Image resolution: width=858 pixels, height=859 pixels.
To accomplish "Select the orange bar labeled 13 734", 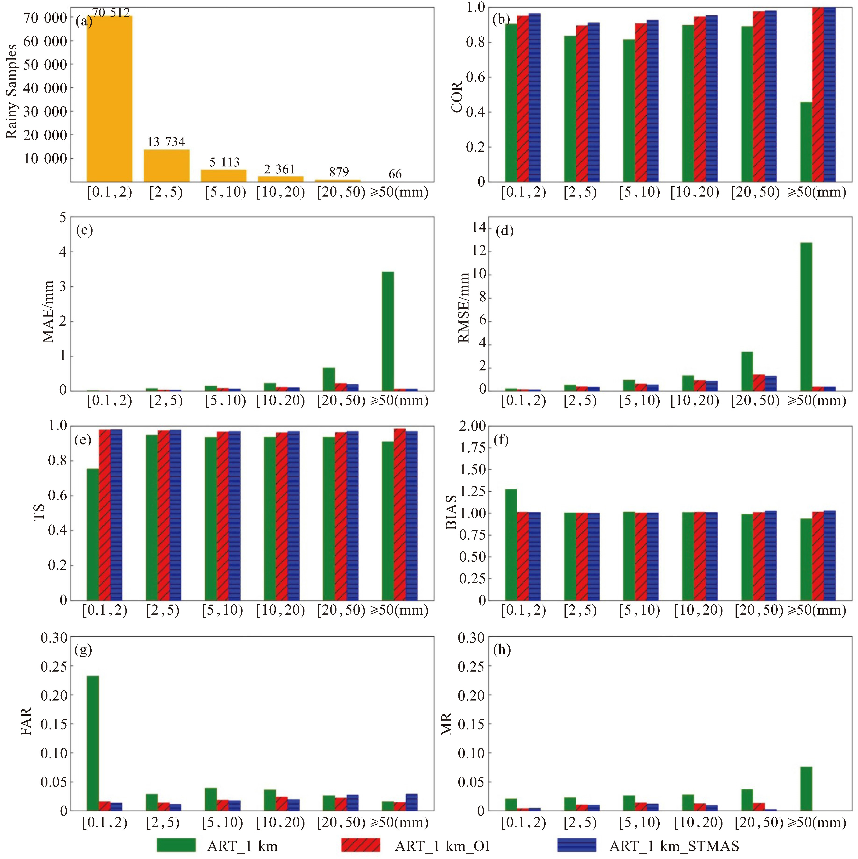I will click(166, 165).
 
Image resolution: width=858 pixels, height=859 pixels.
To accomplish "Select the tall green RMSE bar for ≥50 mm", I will click(806, 317).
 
